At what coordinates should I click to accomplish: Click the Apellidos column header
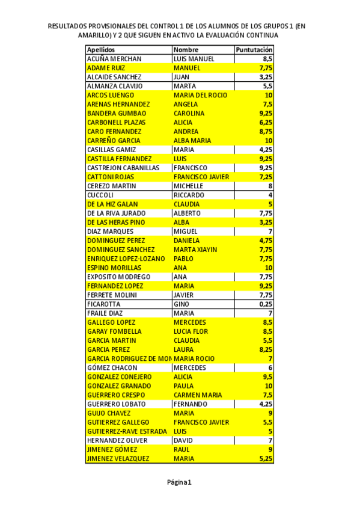tap(101, 50)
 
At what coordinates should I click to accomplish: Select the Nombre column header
tap(186, 50)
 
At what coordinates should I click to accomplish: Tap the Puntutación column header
tap(254, 50)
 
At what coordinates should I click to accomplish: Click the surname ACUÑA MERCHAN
tap(114, 59)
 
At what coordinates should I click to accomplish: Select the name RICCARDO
tap(189, 195)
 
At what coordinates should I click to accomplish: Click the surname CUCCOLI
tap(100, 195)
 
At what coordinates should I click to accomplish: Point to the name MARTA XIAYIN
tap(195, 250)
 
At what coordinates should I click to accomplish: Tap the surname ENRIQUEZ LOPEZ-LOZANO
tap(126, 259)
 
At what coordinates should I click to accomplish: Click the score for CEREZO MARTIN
tap(270, 186)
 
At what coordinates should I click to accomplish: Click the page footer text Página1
tap(179, 482)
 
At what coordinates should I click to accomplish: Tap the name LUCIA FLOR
tap(191, 331)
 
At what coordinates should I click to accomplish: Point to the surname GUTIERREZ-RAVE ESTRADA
tap(127, 431)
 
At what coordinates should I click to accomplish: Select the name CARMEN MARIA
tap(198, 395)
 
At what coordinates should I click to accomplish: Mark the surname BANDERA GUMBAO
tap(117, 113)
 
